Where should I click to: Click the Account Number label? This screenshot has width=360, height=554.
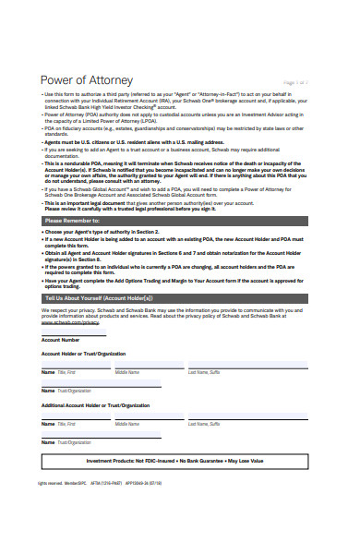(x=61, y=340)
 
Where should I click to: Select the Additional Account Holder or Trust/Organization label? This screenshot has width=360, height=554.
(x=95, y=405)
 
